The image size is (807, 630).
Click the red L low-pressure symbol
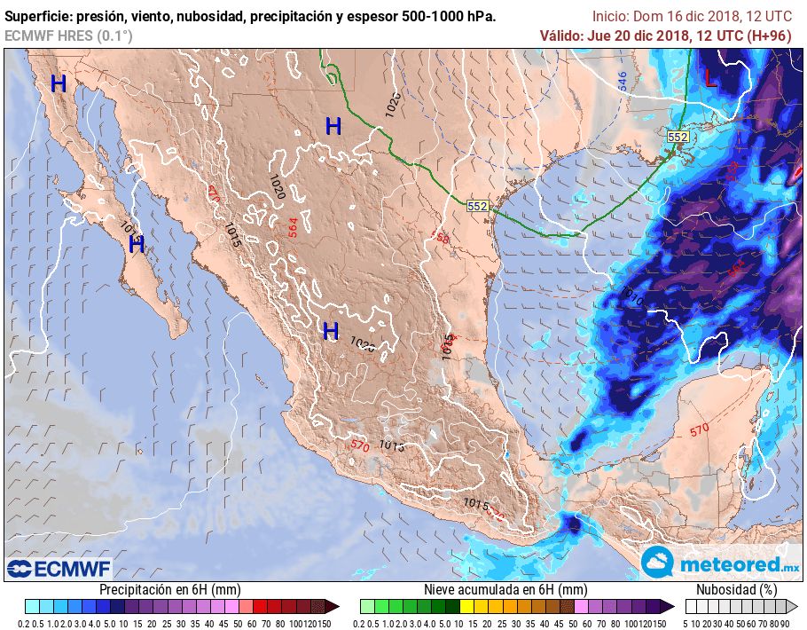tap(710, 78)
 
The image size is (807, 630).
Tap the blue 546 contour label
tap(623, 81)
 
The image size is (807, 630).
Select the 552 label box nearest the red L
tap(678, 137)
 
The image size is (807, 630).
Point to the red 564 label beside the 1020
tap(294, 226)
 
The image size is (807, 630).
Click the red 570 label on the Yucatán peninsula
tap(700, 430)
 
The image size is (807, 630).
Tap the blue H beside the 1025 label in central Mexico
tap(331, 331)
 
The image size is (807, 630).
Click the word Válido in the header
tap(561, 35)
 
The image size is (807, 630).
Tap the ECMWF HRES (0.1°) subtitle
tap(68, 35)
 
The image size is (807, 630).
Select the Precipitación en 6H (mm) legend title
tap(169, 589)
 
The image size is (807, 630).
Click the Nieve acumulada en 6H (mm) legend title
tap(505, 589)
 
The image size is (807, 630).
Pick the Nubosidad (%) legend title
tap(736, 589)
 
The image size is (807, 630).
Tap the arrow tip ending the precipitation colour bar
tap(337, 606)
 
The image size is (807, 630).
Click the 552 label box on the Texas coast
tap(478, 206)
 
